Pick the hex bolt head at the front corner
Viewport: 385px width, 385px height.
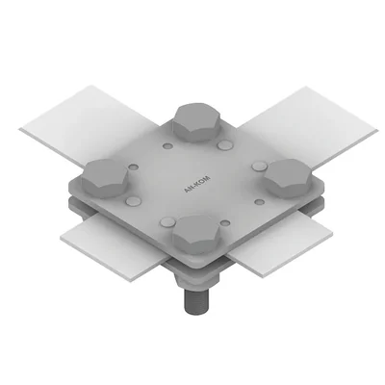tap(199, 232)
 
